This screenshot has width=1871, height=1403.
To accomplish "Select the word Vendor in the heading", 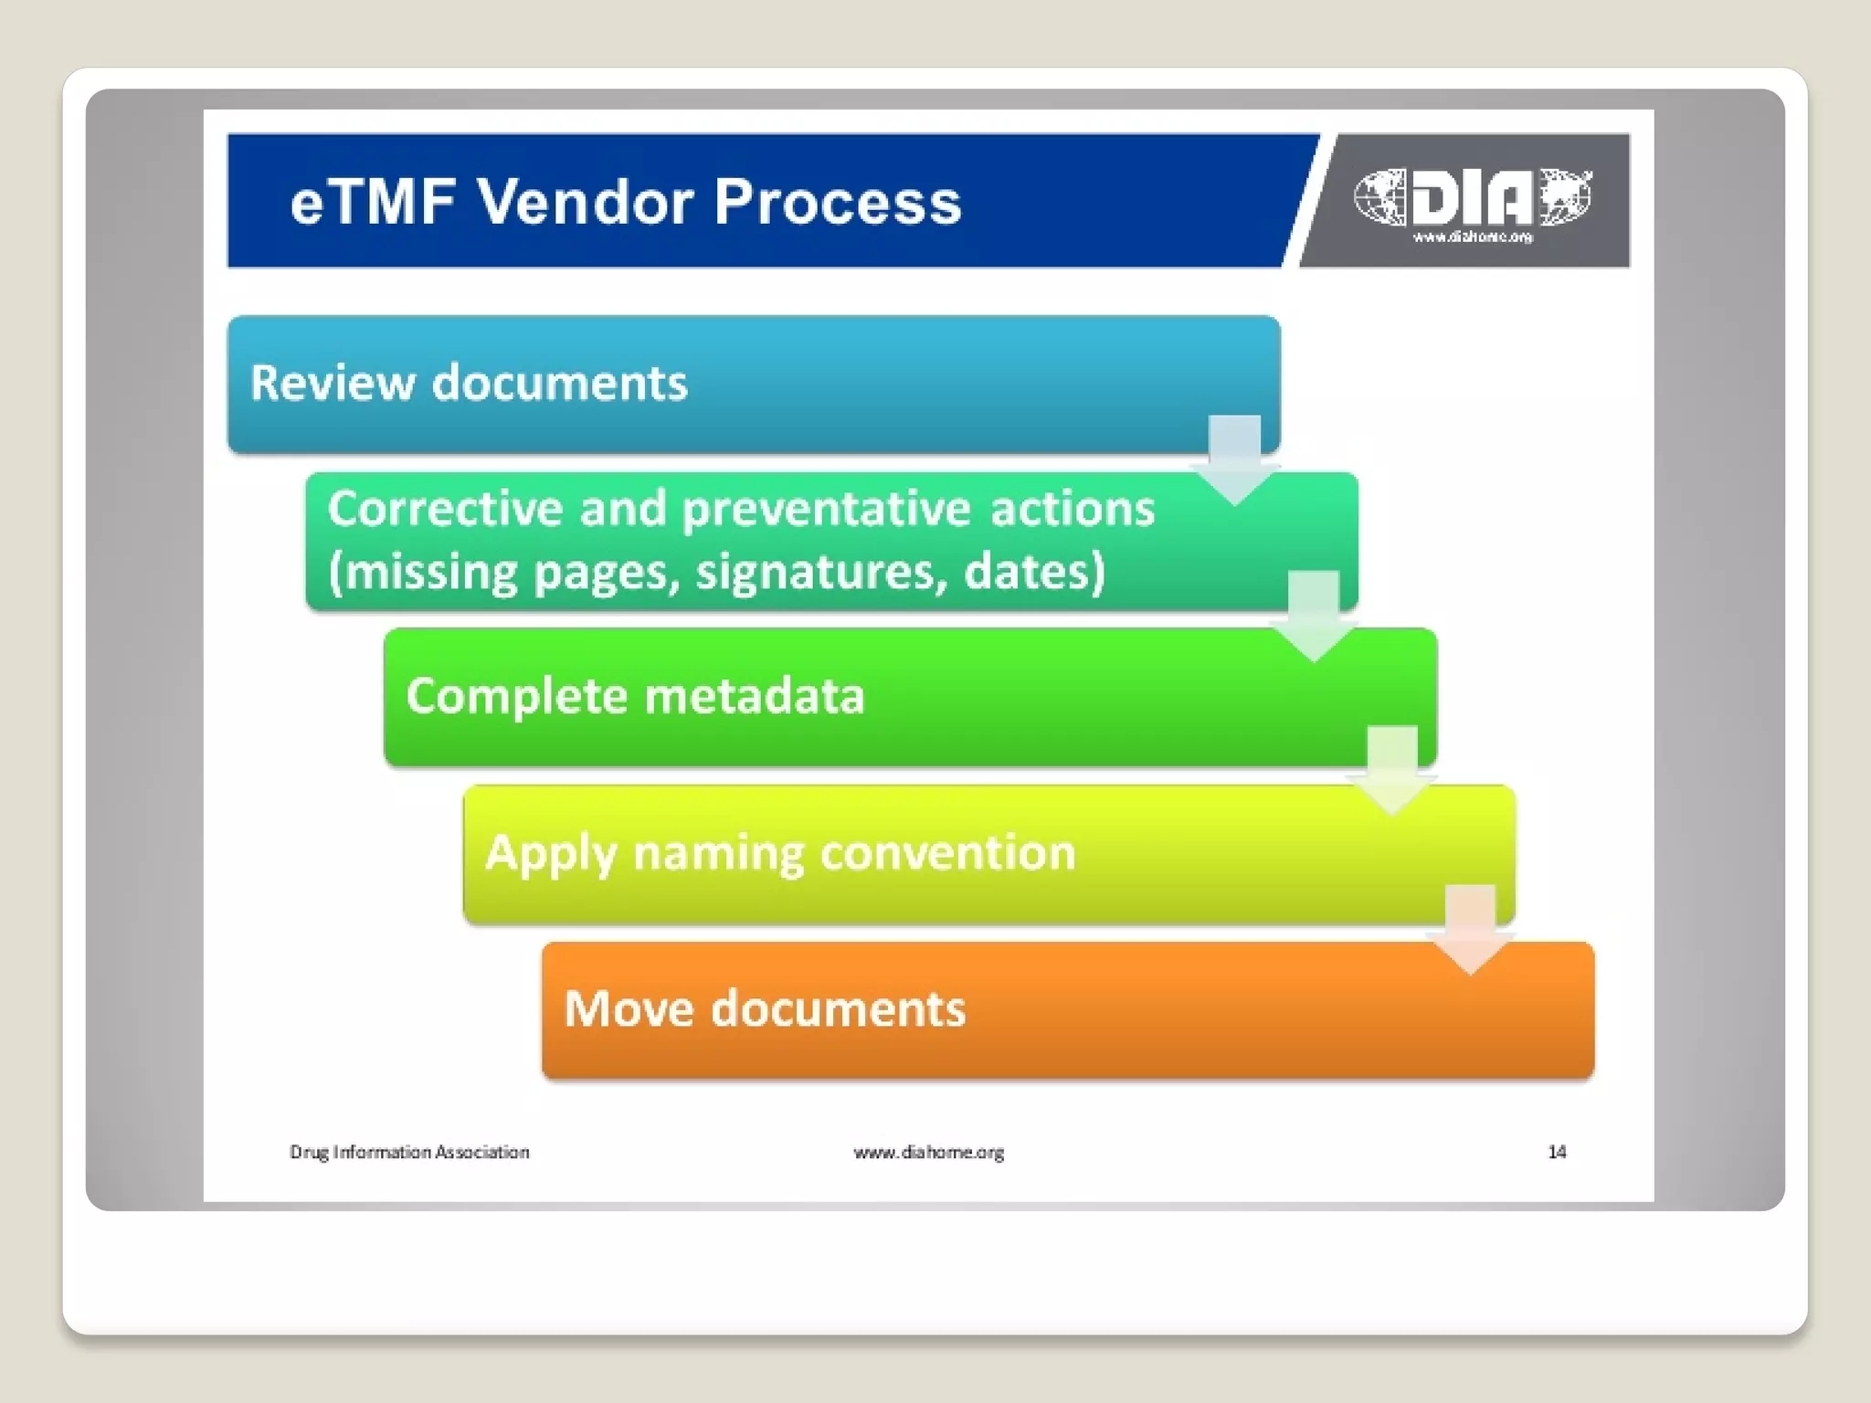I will click(x=585, y=202).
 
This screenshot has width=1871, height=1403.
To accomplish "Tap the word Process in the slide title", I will click(x=837, y=202).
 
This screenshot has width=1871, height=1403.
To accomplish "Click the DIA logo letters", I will click(x=1472, y=197).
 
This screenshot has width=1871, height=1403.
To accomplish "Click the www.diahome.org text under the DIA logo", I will click(x=1473, y=237).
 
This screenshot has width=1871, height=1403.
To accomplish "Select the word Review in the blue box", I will click(x=332, y=383).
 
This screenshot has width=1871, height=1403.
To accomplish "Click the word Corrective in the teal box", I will click(x=444, y=509).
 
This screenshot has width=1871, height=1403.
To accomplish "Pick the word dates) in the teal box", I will click(x=1034, y=573).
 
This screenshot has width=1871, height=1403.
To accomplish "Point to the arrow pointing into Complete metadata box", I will click(x=1313, y=615).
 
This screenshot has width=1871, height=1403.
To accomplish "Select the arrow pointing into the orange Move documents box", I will click(x=1470, y=928).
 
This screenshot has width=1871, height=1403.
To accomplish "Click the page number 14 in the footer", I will click(x=1557, y=1152).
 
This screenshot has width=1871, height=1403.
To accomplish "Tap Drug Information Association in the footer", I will click(x=409, y=1152).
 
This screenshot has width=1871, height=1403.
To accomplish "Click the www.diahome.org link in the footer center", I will click(x=928, y=1152).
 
